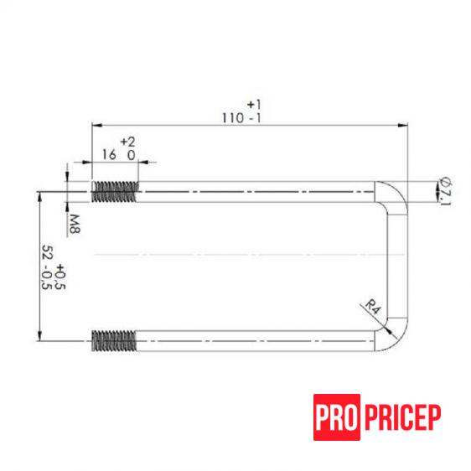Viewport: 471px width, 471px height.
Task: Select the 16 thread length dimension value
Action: [108, 155]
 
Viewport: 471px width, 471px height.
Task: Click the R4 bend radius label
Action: [374, 311]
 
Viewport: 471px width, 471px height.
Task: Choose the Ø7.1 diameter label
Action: [444, 192]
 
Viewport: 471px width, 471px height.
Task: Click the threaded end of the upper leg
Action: [113, 192]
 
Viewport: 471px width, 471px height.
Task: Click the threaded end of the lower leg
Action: [113, 340]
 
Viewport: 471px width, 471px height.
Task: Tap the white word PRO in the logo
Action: [338, 417]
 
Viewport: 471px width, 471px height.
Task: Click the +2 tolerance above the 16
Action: [127, 142]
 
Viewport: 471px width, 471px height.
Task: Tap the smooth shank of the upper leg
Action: [251, 192]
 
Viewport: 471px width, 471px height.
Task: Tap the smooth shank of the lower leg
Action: [251, 340]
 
